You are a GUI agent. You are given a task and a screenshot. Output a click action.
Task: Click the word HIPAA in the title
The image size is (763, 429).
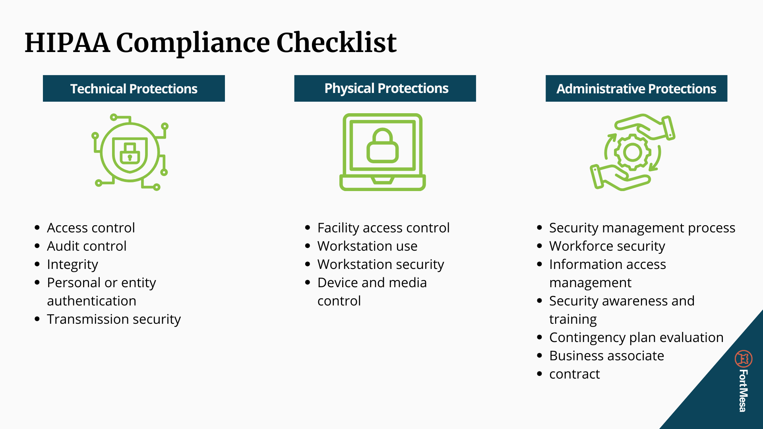[67, 43]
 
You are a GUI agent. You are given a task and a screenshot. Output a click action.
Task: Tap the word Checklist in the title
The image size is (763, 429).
[336, 43]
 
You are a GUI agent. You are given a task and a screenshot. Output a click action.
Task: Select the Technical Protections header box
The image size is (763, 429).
[134, 88]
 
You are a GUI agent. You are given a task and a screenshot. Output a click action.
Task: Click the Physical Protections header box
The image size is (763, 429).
[385, 88]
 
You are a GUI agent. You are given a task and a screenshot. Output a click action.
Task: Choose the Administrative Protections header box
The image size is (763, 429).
[636, 88]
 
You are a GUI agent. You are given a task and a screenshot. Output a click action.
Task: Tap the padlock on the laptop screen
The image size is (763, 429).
[382, 146]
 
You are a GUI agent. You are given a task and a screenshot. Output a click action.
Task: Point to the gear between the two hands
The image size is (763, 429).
[632, 152]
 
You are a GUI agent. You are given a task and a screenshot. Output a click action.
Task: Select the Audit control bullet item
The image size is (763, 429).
[87, 246]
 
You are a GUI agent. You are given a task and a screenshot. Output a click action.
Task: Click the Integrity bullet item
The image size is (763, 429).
[72, 265]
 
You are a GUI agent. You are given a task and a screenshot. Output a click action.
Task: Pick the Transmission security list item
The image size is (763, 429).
[114, 319]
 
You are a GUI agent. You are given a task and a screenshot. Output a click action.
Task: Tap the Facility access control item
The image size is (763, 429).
[383, 228]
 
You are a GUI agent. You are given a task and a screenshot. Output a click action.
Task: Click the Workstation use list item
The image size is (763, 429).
[367, 246]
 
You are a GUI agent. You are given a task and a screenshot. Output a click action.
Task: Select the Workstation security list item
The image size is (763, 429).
[381, 265]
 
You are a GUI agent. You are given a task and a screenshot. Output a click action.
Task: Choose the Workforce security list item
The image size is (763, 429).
[607, 246]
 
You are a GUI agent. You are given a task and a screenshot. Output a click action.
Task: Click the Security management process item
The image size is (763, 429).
[642, 228]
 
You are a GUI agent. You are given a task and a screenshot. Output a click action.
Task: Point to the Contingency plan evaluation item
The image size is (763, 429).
[636, 338]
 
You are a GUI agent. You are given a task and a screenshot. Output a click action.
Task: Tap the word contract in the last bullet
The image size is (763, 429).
[574, 374]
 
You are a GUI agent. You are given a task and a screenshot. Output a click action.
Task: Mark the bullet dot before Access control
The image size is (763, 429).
[37, 228]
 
